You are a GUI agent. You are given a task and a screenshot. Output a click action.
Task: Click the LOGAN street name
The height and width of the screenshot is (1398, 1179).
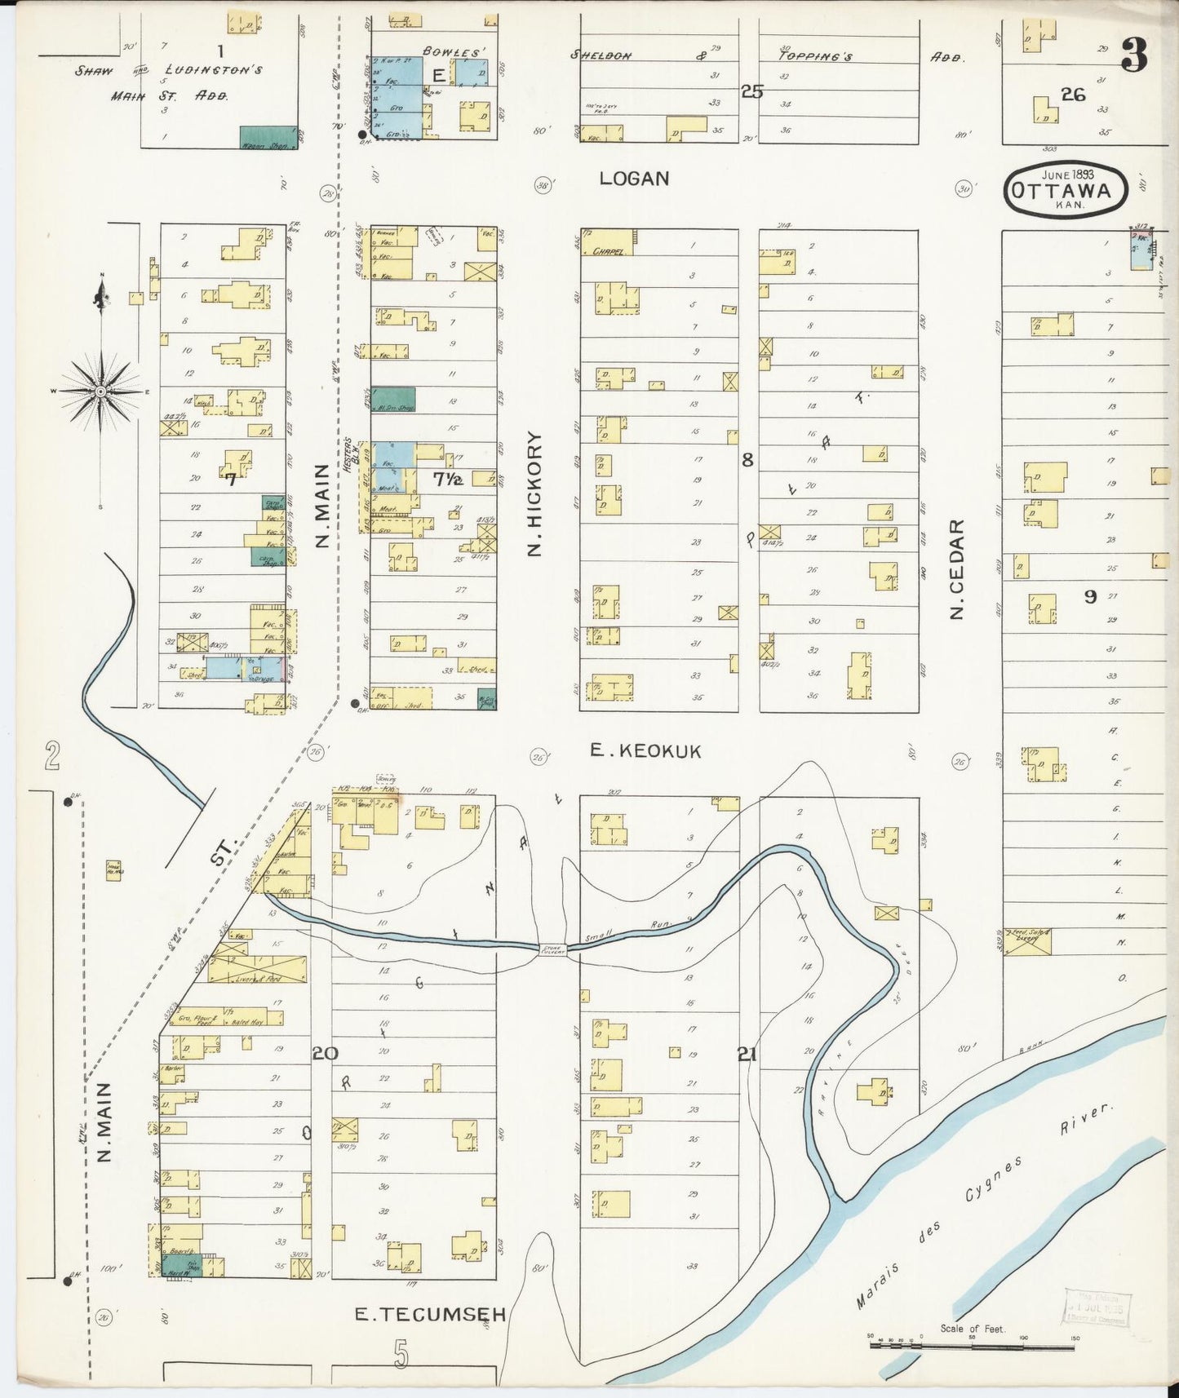click(x=634, y=179)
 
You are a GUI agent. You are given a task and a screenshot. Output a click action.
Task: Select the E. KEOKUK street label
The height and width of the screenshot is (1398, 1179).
click(x=645, y=751)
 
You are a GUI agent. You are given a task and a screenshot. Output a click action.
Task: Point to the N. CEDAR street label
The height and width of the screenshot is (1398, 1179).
click(x=958, y=568)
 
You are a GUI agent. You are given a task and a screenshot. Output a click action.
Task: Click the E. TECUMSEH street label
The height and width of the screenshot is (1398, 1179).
click(x=431, y=1314)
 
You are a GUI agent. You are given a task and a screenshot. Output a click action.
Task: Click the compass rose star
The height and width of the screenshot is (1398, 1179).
click(x=100, y=392)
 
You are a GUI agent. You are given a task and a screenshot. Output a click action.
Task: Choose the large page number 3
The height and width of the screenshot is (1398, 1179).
click(x=1134, y=55)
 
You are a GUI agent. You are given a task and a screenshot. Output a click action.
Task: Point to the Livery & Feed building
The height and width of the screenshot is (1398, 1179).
click(x=257, y=968)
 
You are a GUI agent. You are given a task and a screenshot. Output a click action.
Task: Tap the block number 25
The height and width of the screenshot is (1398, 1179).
click(x=751, y=92)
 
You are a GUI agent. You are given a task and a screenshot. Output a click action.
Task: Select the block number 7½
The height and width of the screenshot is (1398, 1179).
click(x=447, y=480)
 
